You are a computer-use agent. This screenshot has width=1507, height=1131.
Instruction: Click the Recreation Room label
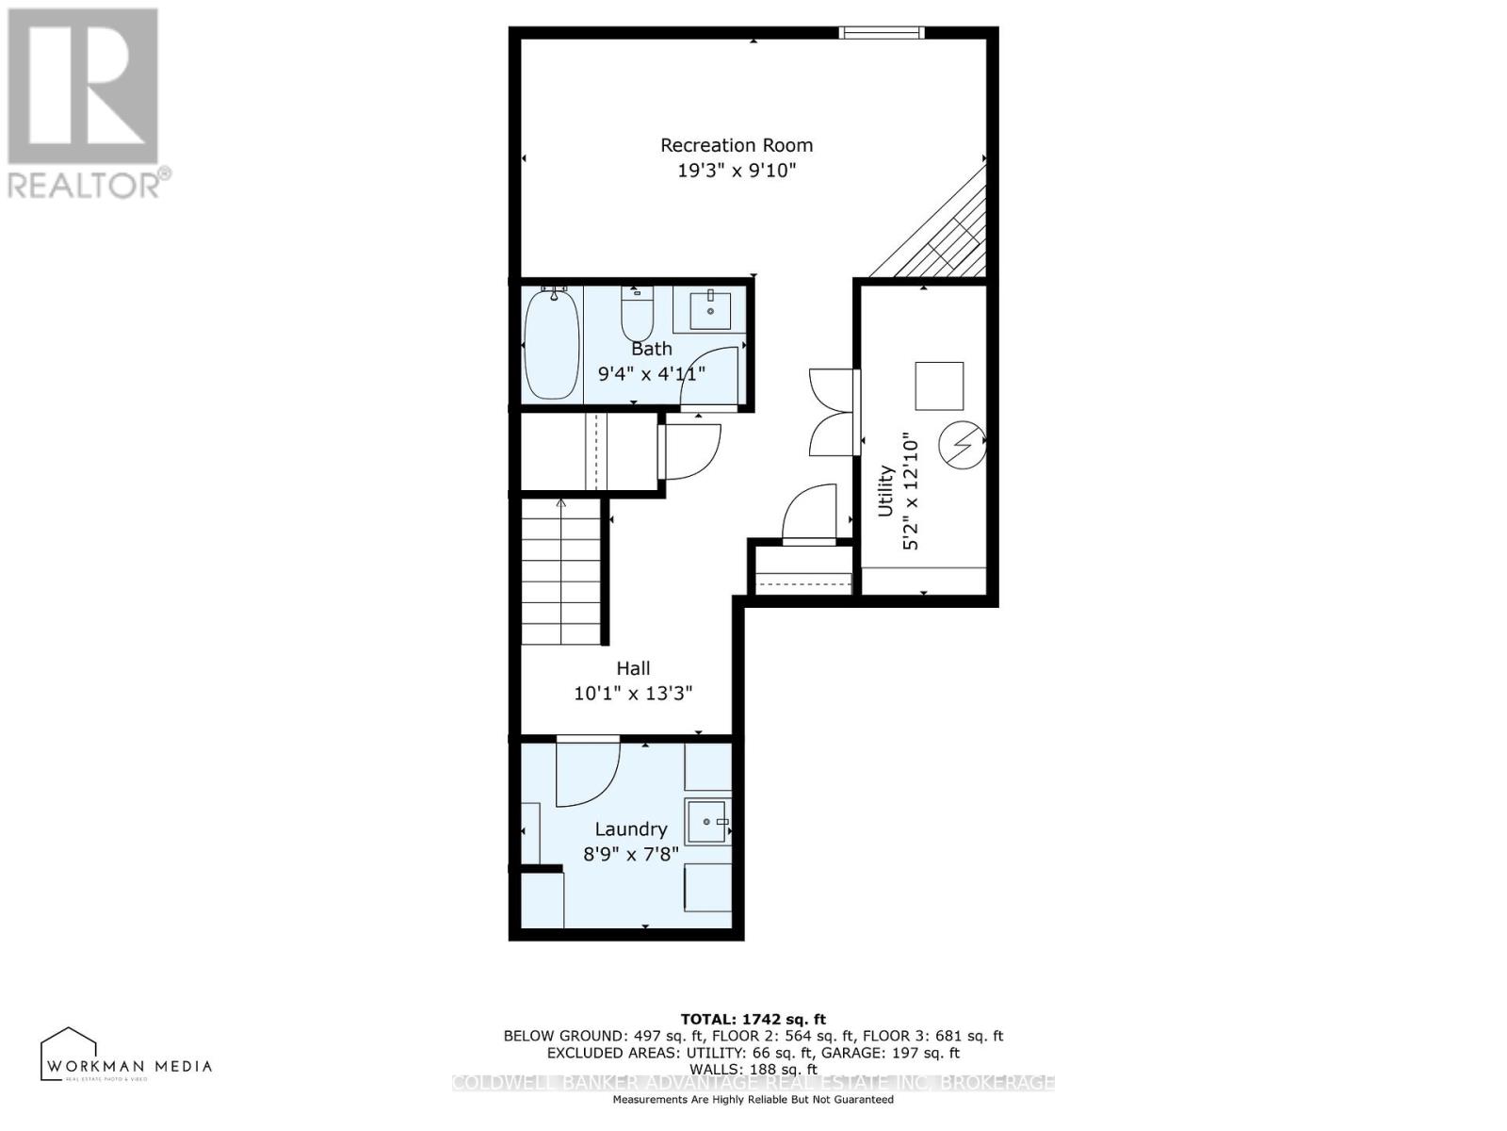736,145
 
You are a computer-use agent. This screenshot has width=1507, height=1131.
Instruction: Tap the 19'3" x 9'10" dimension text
736,171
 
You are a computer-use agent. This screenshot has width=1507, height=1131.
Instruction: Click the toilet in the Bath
638,316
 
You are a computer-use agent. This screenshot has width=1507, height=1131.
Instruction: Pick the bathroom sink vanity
710,311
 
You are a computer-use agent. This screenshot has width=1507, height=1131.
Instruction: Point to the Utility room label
885,490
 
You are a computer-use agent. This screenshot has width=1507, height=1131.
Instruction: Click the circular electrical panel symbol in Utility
963,445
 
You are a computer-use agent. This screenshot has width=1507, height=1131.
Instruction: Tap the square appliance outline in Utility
939,385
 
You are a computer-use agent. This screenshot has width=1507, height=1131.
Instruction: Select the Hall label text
633,668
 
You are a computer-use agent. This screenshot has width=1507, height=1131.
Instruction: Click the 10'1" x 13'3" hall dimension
633,694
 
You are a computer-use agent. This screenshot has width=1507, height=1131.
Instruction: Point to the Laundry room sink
707,823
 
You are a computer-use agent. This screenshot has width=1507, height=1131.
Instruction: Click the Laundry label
630,829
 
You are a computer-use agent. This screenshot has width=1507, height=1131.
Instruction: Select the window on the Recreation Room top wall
882,33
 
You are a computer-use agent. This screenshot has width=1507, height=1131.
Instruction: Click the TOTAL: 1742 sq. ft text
753,1019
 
